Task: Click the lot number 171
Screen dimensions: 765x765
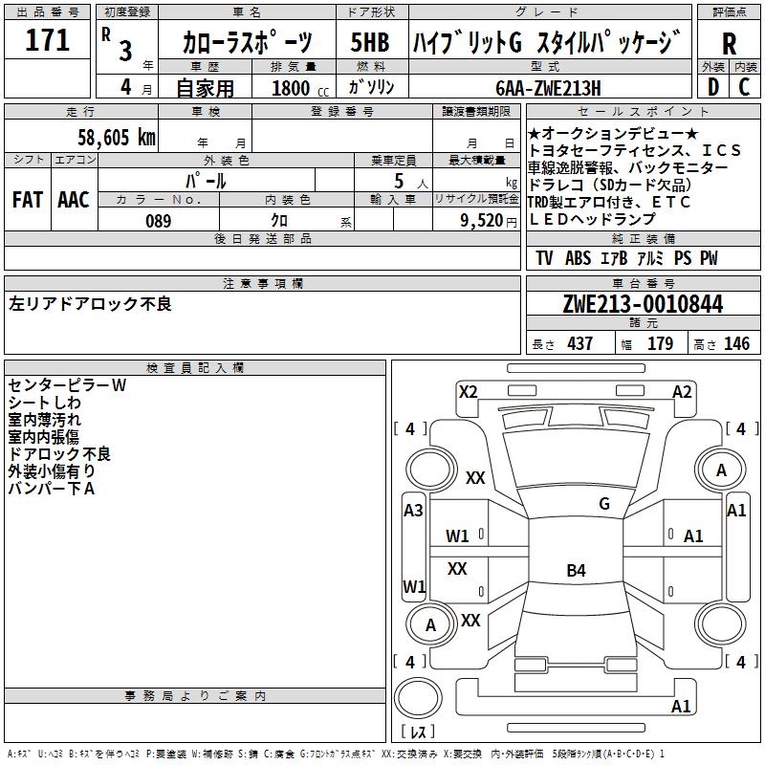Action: pyautogui.click(x=48, y=41)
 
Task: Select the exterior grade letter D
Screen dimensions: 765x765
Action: pyautogui.click(x=712, y=87)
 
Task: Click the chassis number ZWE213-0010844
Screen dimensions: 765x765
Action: pyautogui.click(x=644, y=305)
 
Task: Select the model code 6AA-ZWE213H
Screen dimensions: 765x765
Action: pyautogui.click(x=548, y=88)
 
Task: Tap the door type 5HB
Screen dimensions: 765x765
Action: pyautogui.click(x=370, y=43)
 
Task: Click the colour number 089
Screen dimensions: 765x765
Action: pyautogui.click(x=158, y=221)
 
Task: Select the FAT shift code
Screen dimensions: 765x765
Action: pyautogui.click(x=27, y=200)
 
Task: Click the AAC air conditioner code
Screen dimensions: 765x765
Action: pyautogui.click(x=73, y=200)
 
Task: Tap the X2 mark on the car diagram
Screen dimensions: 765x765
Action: pyautogui.click(x=469, y=391)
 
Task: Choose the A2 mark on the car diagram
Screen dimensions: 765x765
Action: pyautogui.click(x=682, y=391)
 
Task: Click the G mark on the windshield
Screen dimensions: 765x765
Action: pyautogui.click(x=603, y=504)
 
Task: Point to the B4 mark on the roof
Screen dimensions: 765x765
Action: pyautogui.click(x=576, y=571)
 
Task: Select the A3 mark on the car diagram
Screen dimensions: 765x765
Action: pyautogui.click(x=413, y=511)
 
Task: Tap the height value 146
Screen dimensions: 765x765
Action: pyautogui.click(x=736, y=344)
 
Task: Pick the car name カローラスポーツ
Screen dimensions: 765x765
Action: pyautogui.click(x=247, y=43)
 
